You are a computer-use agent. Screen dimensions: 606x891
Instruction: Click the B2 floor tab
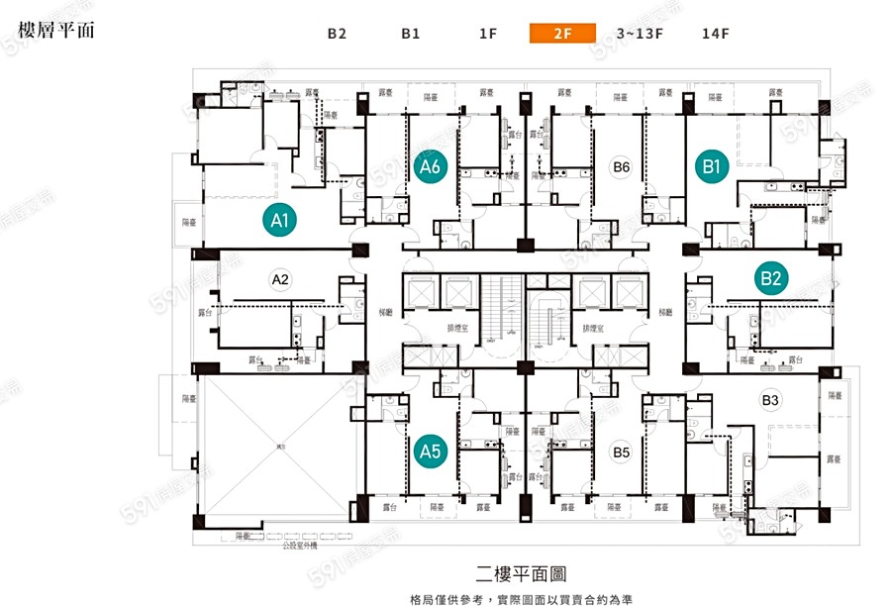click(x=337, y=33)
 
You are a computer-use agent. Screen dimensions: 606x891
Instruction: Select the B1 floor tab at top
click(x=411, y=33)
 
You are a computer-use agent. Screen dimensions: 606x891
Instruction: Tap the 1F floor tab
click(x=487, y=33)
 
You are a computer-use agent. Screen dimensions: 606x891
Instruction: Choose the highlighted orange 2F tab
click(x=562, y=33)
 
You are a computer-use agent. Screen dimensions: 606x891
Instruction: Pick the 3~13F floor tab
click(x=639, y=33)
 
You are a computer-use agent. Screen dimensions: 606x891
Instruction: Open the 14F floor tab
click(x=715, y=33)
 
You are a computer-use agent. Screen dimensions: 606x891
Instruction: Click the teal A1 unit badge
click(x=280, y=220)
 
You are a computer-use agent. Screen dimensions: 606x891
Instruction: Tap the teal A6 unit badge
click(x=430, y=166)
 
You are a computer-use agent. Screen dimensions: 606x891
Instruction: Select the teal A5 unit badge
click(x=430, y=451)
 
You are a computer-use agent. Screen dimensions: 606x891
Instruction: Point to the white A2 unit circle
click(x=280, y=279)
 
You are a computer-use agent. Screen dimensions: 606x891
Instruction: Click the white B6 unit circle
click(x=621, y=166)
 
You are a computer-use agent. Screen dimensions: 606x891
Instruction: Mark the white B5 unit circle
click(x=621, y=454)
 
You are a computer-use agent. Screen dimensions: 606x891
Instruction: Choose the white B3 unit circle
click(x=770, y=400)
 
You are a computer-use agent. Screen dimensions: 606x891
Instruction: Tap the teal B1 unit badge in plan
click(x=710, y=166)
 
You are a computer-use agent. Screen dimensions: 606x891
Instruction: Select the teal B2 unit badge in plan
click(x=770, y=278)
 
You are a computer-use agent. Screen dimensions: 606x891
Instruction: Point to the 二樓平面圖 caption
click(x=521, y=573)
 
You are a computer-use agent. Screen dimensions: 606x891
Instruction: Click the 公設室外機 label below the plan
click(x=300, y=545)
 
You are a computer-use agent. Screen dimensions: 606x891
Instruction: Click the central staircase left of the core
click(x=507, y=307)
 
